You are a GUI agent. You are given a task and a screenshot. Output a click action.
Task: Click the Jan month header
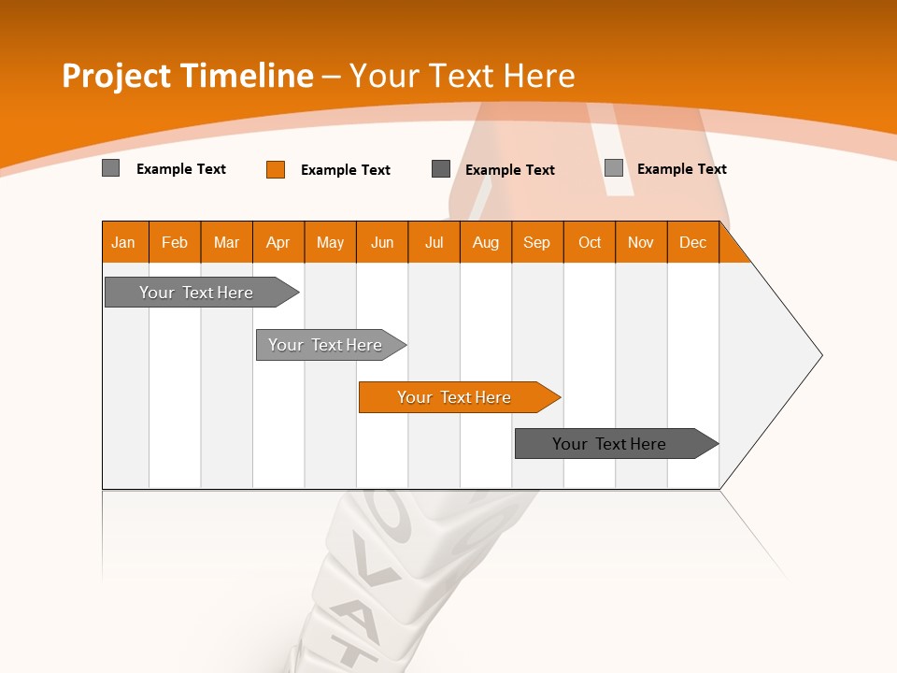pos(123,242)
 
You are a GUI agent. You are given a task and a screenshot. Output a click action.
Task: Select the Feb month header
pos(175,242)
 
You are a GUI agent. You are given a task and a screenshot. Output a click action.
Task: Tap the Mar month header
pos(226,242)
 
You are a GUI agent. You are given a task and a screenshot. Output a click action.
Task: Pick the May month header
pos(330,242)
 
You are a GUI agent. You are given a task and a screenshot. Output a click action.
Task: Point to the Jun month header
pos(382,242)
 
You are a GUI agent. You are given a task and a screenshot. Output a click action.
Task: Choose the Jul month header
pos(434,242)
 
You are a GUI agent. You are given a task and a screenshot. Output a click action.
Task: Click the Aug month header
pos(486,242)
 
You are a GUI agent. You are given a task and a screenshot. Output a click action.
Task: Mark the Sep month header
pos(537,242)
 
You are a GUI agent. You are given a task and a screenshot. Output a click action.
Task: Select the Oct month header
pos(590,242)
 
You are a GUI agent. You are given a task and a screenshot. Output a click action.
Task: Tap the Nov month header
pos(641,242)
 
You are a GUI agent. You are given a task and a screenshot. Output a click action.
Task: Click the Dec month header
pos(693,242)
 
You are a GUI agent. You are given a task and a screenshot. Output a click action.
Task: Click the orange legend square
pos(276,169)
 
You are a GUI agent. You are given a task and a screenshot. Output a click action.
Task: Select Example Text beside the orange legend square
pos(346,170)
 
